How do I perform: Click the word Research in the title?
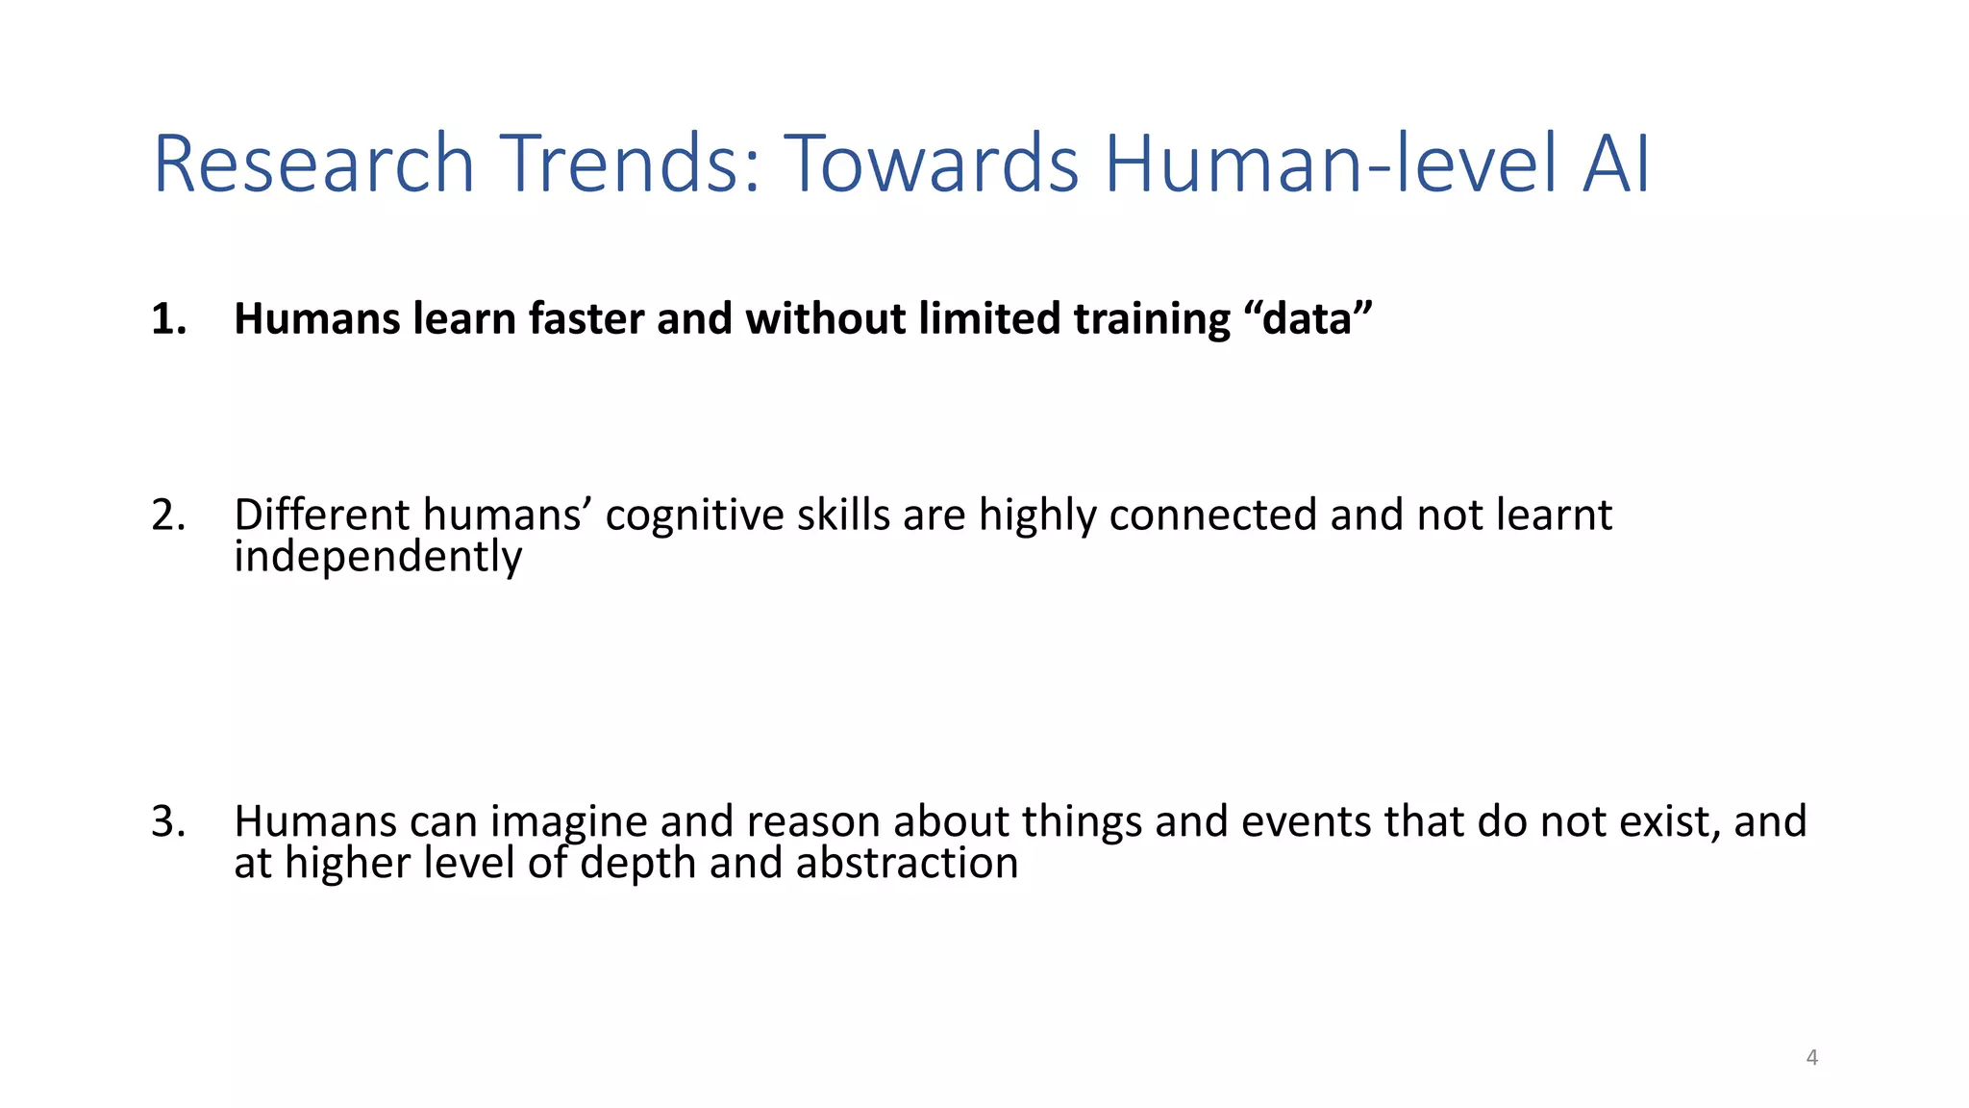click(x=313, y=164)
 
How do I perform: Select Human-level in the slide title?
click(x=1331, y=164)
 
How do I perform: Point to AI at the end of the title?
click(x=1615, y=164)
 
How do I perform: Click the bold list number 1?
click(x=167, y=319)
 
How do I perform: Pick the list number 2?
click(x=167, y=516)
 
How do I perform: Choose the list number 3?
click(x=167, y=821)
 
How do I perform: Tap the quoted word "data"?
click(x=1314, y=319)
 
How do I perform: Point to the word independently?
click(x=378, y=558)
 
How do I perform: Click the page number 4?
click(x=1812, y=1058)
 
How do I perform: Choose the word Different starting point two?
click(x=322, y=516)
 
